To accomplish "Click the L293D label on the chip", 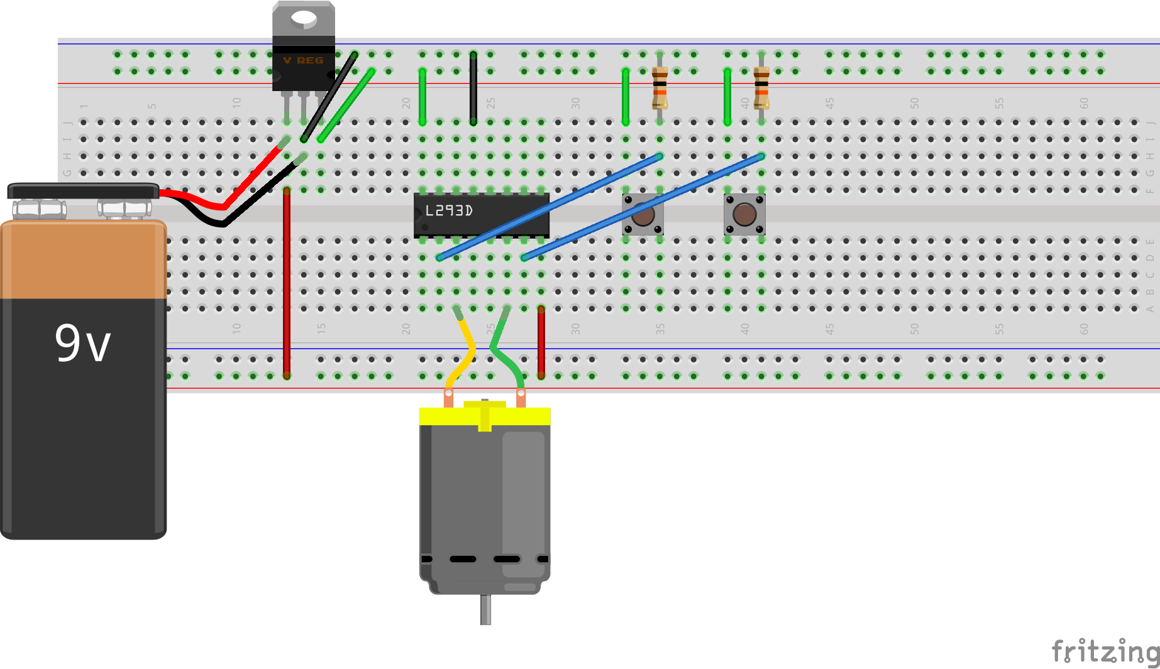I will tap(449, 211).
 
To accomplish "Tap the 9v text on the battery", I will tap(82, 344).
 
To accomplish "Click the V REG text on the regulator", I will tap(303, 60).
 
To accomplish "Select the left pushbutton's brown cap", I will tap(643, 215).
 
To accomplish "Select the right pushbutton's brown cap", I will tap(744, 215).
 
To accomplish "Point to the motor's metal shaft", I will tap(485, 609).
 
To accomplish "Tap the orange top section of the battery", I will tap(83, 259).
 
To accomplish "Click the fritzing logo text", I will tap(1104, 652).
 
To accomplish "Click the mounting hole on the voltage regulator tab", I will tap(304, 18).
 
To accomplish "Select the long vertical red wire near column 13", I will tap(287, 283).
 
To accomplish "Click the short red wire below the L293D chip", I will tap(541, 342).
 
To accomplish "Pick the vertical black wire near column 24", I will tap(473, 88).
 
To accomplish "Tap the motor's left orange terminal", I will tap(448, 398).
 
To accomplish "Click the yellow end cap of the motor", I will tap(485, 415).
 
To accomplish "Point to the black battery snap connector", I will tap(83, 190).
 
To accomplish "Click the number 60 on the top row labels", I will tap(1084, 103).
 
